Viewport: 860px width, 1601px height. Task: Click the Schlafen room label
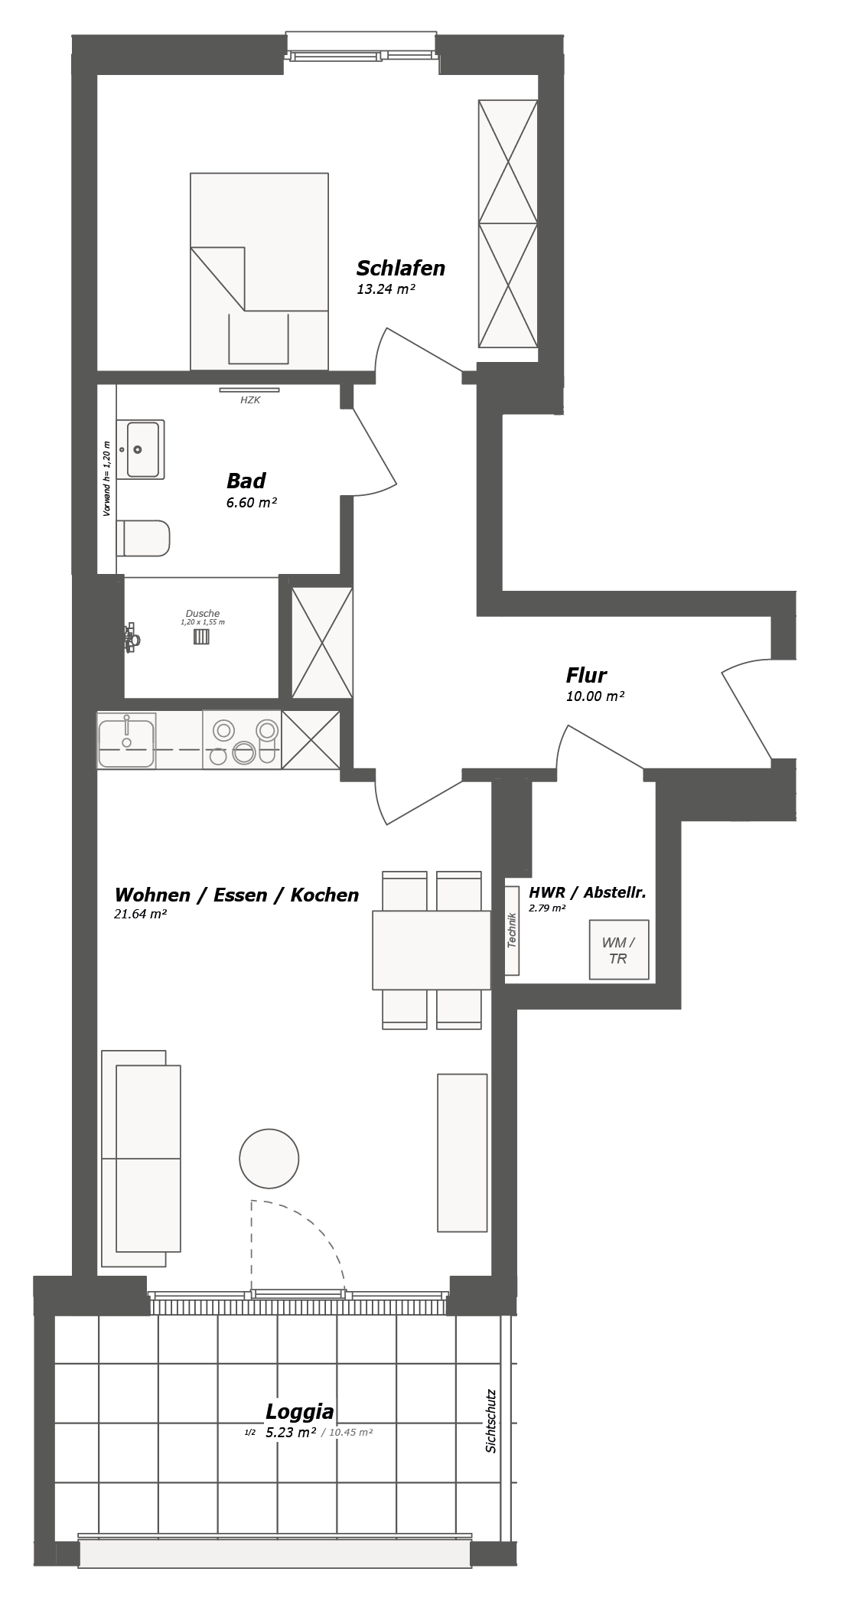point(400,269)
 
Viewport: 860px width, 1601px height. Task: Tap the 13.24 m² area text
point(386,289)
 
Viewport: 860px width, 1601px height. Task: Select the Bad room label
point(246,481)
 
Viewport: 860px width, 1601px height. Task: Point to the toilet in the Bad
point(144,539)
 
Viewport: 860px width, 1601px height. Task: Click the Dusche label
point(203,613)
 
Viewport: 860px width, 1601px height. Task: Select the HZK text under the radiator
point(250,400)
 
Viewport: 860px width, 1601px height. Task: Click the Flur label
point(586,676)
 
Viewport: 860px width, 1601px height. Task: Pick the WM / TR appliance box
point(618,950)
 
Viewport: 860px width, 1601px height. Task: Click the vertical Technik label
point(512,931)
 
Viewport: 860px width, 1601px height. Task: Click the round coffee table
point(269,1159)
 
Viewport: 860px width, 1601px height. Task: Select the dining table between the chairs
point(432,950)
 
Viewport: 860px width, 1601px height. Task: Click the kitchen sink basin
point(126,740)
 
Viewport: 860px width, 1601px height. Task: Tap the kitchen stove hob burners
point(243,741)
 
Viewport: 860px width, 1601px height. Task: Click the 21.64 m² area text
point(141,914)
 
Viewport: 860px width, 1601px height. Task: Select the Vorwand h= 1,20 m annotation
point(106,479)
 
